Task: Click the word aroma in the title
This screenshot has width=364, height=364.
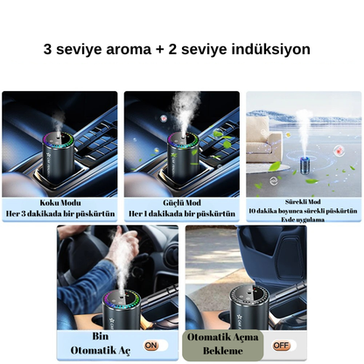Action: (x=136, y=50)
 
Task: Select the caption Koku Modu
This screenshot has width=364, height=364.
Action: (x=59, y=201)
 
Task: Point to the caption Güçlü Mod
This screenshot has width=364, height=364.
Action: (x=182, y=201)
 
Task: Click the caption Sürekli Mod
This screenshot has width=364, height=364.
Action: (x=303, y=200)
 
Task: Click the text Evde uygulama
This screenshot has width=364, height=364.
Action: (x=303, y=220)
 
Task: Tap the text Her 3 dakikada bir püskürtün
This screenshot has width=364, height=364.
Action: (x=59, y=213)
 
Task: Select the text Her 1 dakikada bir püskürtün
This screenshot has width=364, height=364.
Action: (x=182, y=213)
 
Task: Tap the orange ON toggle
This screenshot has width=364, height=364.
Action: (x=151, y=346)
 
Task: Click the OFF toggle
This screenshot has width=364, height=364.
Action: (x=281, y=345)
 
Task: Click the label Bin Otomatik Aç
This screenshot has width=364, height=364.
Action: (x=100, y=344)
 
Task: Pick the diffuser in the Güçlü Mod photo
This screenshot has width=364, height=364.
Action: (x=182, y=157)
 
